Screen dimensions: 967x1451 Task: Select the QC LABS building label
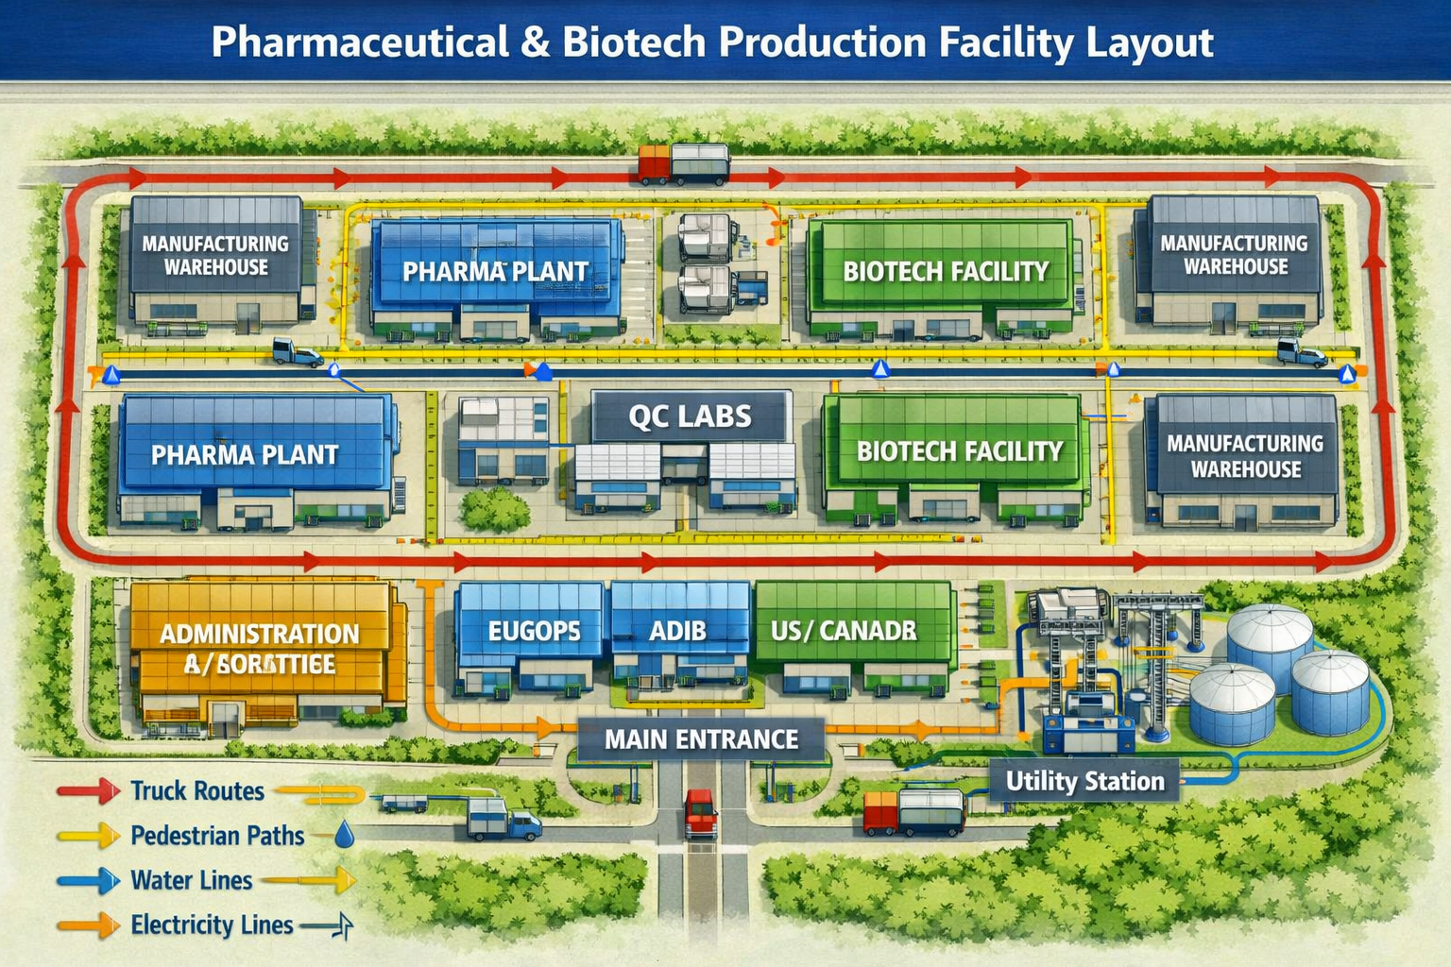pyautogui.click(x=691, y=416)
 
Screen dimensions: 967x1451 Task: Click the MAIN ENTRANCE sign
pyautogui.click(x=701, y=738)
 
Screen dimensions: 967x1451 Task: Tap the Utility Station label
pyautogui.click(x=1084, y=781)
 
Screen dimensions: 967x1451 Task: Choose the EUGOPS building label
pyautogui.click(x=534, y=631)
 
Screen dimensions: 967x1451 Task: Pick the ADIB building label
pyautogui.click(x=677, y=631)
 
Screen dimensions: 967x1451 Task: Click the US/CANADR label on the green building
pyautogui.click(x=844, y=631)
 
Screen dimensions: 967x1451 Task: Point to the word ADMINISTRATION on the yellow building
pyautogui.click(x=260, y=634)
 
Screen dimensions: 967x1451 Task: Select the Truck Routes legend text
pyautogui.click(x=197, y=790)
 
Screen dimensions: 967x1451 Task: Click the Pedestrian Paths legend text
pyautogui.click(x=217, y=836)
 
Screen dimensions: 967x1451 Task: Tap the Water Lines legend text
pyautogui.click(x=192, y=880)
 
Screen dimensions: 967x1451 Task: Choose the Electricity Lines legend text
pyautogui.click(x=212, y=925)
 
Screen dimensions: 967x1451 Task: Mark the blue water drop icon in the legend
pyautogui.click(x=345, y=834)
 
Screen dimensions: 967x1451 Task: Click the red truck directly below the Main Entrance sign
pyautogui.click(x=701, y=813)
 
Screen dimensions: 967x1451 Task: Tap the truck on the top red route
pyautogui.click(x=684, y=164)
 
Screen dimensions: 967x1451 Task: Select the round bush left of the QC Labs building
pyautogui.click(x=495, y=509)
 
